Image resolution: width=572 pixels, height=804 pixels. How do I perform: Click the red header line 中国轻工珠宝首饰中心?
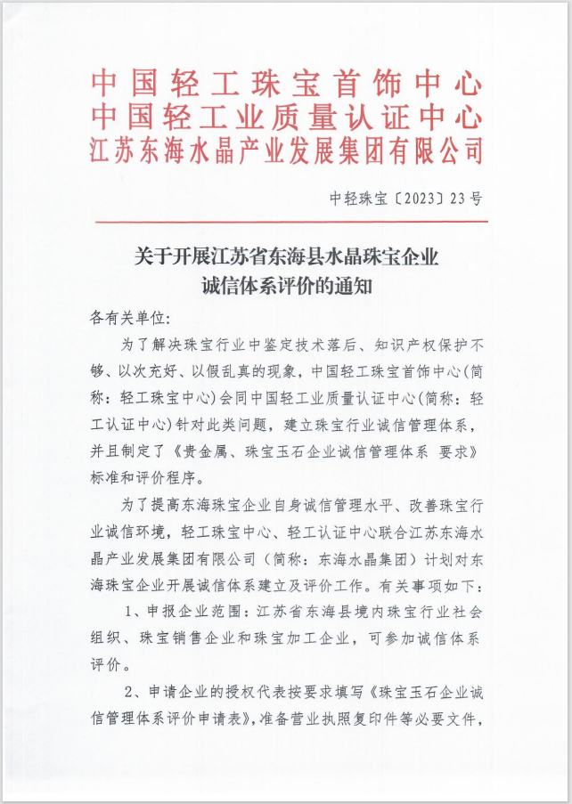(286, 83)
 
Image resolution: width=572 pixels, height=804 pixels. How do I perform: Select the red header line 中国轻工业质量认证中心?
(286, 116)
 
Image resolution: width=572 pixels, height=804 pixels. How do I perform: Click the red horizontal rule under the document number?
(286, 221)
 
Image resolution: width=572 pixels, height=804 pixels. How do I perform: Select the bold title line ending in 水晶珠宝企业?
(286, 259)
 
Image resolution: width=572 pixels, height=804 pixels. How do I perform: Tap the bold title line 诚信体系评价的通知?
(286, 288)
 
